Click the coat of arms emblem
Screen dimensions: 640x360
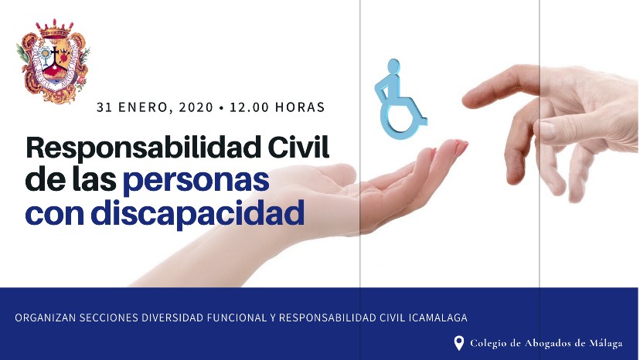pos(53,60)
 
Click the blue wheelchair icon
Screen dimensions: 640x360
pos(399,99)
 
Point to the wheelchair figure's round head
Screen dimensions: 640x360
pos(393,67)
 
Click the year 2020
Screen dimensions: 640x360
pos(196,107)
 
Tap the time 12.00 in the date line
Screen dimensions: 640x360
pos(249,107)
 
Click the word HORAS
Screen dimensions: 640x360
pos(300,107)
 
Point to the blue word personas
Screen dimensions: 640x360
pos(196,182)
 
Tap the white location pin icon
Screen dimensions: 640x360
pos(459,343)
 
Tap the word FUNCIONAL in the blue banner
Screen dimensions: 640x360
pos(237,318)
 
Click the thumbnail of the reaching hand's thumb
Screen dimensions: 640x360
pos(547,131)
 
